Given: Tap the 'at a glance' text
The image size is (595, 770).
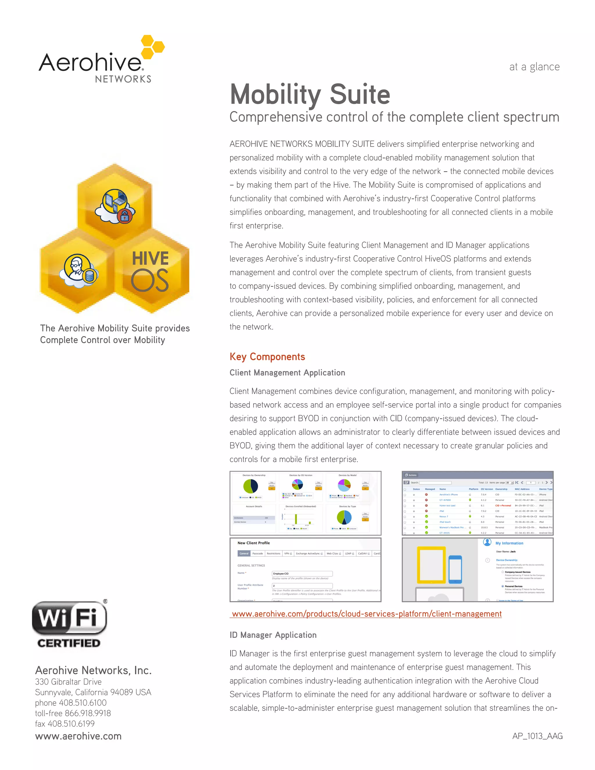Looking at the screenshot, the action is pyautogui.click(x=534, y=67).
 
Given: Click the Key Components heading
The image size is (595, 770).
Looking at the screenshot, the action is pyautogui.click(x=267, y=357).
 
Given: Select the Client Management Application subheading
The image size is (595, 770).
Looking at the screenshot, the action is pyautogui.click(x=287, y=373).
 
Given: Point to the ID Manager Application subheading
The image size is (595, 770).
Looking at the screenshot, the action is pyautogui.click(x=273, y=635).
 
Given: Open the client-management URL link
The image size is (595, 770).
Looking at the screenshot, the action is pyautogui.click(x=367, y=614).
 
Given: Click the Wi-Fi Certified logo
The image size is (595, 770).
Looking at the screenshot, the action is pyautogui.click(x=69, y=624).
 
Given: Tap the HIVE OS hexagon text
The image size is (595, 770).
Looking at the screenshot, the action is pyautogui.click(x=150, y=271).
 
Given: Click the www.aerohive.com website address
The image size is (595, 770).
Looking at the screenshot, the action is pyautogui.click(x=78, y=736).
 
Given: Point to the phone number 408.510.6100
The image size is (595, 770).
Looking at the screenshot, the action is pyautogui.click(x=83, y=703).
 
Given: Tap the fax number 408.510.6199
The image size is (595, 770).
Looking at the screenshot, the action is pyautogui.click(x=71, y=724).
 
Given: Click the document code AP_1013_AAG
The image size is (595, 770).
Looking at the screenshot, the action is pyautogui.click(x=537, y=736).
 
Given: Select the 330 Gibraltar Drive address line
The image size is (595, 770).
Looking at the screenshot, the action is pyautogui.click(x=68, y=682).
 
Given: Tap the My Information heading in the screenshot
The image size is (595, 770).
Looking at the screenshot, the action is pyautogui.click(x=509, y=543).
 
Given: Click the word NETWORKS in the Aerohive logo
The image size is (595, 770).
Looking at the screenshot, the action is pyautogui.click(x=123, y=79).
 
